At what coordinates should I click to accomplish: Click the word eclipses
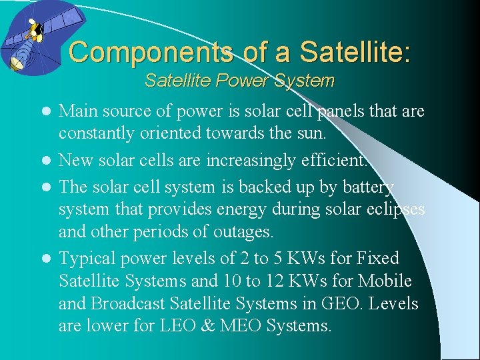393,209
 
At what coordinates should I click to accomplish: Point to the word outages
246,233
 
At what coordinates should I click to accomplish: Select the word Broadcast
129,303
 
